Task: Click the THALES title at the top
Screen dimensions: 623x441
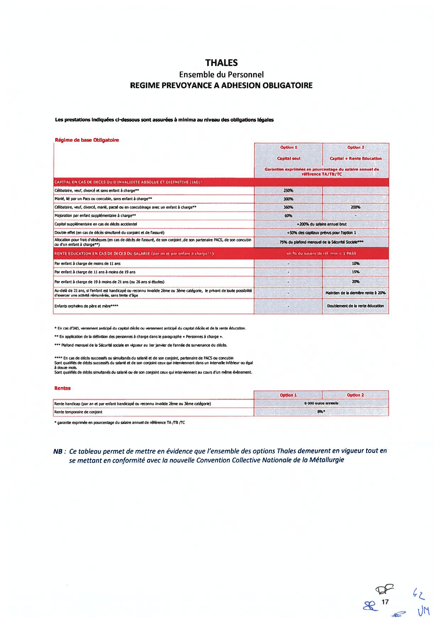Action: (221, 63)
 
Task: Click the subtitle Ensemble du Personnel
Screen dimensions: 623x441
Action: (221, 74)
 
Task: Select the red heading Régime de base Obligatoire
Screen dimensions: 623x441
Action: (87, 140)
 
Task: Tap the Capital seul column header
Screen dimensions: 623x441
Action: (288, 158)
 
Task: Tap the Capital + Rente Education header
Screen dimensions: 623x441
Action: (356, 158)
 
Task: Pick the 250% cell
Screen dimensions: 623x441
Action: (288, 191)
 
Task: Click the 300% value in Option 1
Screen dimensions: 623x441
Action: (288, 199)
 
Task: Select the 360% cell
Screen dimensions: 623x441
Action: (288, 207)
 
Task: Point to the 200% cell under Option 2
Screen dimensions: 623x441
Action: (356, 207)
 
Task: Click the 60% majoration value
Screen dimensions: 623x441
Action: (288, 216)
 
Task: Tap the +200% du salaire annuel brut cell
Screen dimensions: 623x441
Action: (321, 224)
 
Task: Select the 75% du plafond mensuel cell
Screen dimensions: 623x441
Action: (321, 242)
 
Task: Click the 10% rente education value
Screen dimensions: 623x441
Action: (356, 263)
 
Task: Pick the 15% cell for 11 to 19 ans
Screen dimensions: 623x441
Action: (356, 272)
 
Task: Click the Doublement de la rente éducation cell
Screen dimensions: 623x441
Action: (356, 306)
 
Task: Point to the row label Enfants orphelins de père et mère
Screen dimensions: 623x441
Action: (86, 306)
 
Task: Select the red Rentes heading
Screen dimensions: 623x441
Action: (63, 388)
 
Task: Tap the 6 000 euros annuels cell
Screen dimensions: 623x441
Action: (321, 403)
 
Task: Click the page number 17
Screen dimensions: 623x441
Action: (385, 602)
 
